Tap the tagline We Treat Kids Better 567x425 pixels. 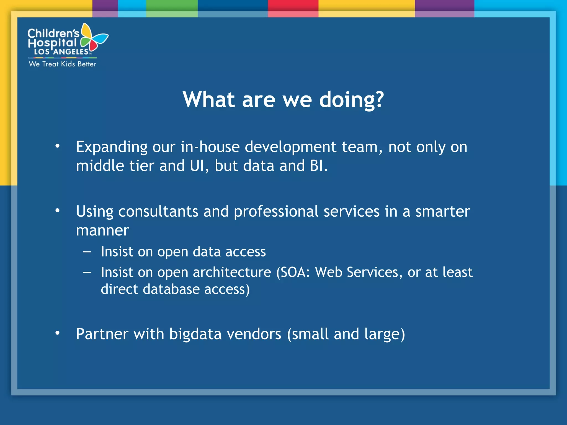pyautogui.click(x=63, y=64)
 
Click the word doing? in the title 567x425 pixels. pyautogui.click(x=352, y=100)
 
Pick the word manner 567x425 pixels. pyautogui.click(x=102, y=230)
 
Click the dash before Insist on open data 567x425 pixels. pyautogui.click(x=87, y=252)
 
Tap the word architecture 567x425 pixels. pyautogui.click(x=232, y=272)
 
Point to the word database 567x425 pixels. pyautogui.click(x=171, y=289)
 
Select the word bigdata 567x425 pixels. pyautogui.click(x=195, y=334)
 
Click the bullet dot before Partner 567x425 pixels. pyautogui.click(x=57, y=333)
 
